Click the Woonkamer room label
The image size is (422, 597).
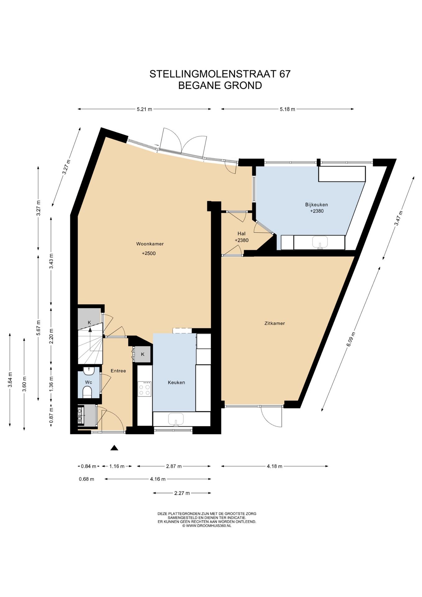[x=150, y=244]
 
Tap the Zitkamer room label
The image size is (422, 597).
[x=274, y=323]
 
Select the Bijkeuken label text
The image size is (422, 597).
[x=316, y=205]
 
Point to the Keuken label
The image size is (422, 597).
[x=176, y=382]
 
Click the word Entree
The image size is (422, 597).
[x=118, y=371]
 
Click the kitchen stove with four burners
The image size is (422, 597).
[x=144, y=389]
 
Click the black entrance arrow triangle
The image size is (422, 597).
[x=114, y=448]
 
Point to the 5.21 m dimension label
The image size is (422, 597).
[x=144, y=109]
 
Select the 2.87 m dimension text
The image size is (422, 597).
[x=174, y=466]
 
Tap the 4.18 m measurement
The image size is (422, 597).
[x=274, y=466]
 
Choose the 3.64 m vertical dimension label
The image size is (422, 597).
[x=10, y=380]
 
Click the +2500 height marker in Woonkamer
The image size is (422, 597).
[x=149, y=253]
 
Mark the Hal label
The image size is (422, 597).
[x=241, y=234]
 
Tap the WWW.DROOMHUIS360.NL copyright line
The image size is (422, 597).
[x=207, y=526]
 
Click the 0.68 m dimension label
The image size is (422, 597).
[x=86, y=479]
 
